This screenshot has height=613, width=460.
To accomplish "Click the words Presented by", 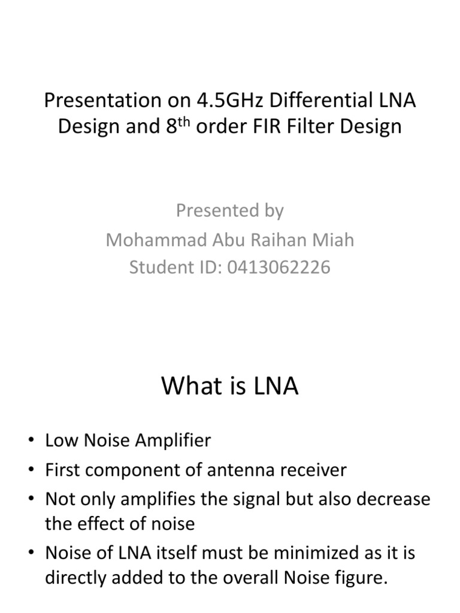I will click(x=229, y=210).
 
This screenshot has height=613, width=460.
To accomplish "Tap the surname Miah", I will click(x=334, y=239).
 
